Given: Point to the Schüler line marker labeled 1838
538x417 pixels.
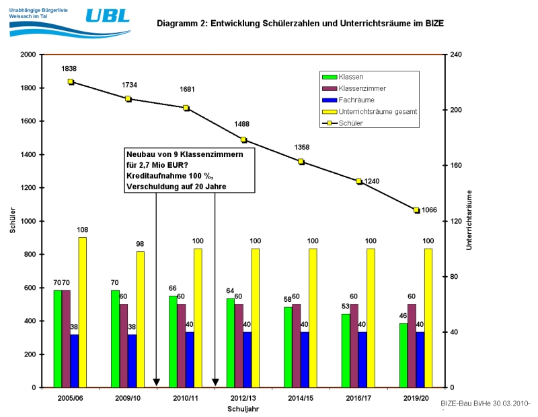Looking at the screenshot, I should [x=71, y=82].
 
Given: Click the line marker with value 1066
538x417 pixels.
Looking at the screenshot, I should [x=416, y=210].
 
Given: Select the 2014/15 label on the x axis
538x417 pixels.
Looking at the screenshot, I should [x=301, y=399].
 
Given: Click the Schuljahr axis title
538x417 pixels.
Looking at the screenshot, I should [x=243, y=409].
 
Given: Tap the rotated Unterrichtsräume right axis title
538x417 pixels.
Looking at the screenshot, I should [x=469, y=220].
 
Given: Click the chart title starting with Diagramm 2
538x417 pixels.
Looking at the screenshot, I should [x=300, y=23].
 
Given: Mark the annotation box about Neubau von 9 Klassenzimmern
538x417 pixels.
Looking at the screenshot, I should [x=190, y=170].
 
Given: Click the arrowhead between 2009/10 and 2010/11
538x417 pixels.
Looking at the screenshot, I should [x=156, y=383].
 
